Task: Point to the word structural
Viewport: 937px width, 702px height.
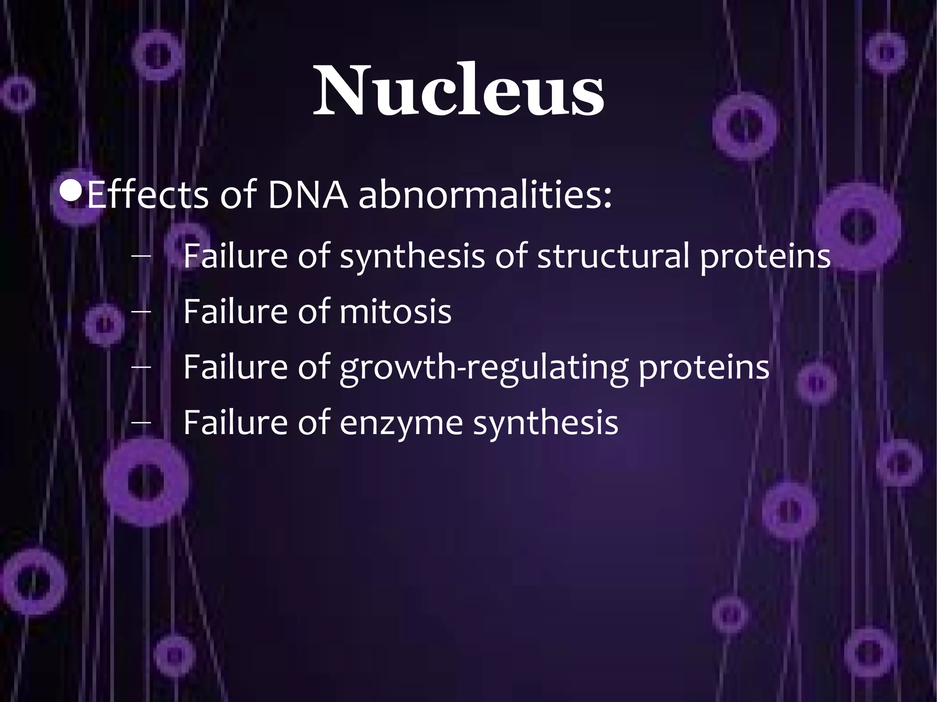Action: [613, 256]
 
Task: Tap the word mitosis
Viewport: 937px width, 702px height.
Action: [395, 311]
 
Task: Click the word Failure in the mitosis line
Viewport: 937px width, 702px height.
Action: [235, 311]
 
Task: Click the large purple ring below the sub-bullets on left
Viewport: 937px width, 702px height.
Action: [145, 482]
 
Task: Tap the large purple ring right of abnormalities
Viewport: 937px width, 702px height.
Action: [857, 226]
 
